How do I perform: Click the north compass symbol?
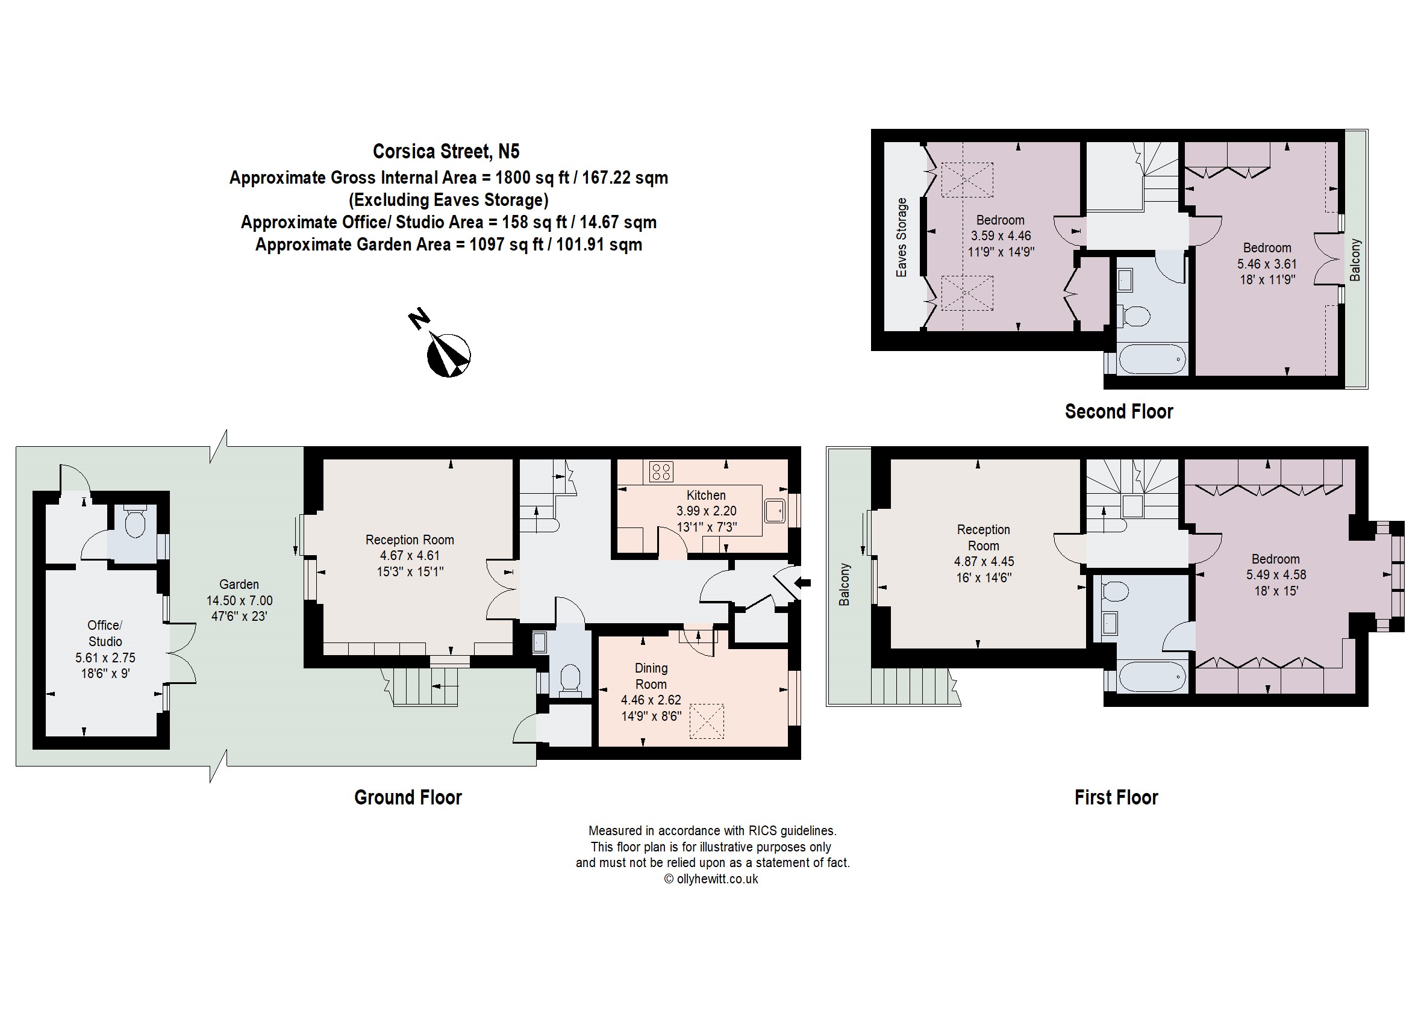click(x=448, y=354)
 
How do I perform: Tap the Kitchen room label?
click(x=706, y=495)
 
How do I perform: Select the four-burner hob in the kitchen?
click(x=661, y=471)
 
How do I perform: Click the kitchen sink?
click(x=775, y=511)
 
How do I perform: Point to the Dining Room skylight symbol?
click(x=707, y=721)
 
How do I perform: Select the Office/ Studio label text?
click(x=105, y=633)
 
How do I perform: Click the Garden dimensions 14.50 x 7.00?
click(x=239, y=601)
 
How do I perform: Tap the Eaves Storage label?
click(x=901, y=237)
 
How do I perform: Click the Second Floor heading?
click(x=1119, y=411)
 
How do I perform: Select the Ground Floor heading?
click(x=408, y=797)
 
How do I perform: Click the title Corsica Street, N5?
click(x=446, y=151)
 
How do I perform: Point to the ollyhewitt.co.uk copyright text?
click(x=711, y=879)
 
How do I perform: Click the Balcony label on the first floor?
click(x=845, y=585)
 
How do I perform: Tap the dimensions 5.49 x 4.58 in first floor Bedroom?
click(x=1275, y=574)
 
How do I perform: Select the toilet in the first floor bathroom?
click(x=1116, y=591)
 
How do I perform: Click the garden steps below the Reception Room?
click(x=425, y=686)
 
